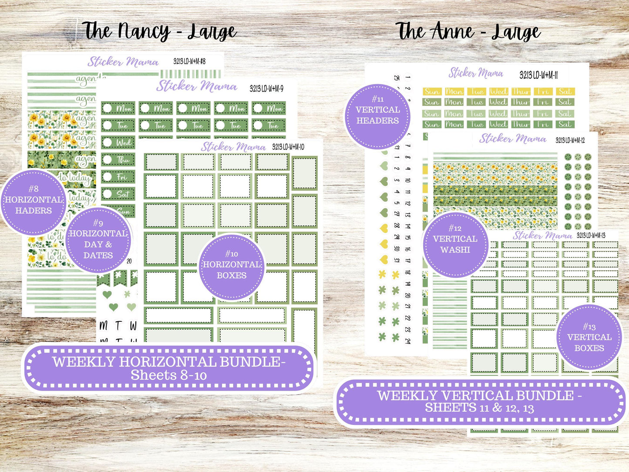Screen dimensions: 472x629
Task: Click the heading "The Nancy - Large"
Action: point(159,32)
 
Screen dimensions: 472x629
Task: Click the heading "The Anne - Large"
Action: point(468,32)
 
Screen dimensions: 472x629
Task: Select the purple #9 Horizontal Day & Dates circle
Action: point(98,241)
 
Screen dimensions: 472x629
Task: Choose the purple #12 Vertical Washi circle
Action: point(455,245)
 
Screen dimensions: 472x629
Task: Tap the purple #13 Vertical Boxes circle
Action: point(589,337)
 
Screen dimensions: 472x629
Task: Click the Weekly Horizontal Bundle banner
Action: point(169,368)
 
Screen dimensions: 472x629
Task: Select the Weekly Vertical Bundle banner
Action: point(480,401)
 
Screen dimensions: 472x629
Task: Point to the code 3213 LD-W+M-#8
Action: point(189,61)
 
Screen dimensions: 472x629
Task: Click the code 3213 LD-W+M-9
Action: point(266,88)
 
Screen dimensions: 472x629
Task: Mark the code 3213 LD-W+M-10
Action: point(288,147)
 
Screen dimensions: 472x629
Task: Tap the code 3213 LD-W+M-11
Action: point(538,75)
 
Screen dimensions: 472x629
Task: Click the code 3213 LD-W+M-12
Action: point(570,140)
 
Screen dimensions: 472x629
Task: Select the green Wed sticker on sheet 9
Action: point(118,142)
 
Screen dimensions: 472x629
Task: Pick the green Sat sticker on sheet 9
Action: point(118,194)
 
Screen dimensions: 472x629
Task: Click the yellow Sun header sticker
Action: point(432,91)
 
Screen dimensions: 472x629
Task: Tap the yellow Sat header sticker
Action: point(565,91)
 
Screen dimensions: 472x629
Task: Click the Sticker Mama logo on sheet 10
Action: point(233,147)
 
